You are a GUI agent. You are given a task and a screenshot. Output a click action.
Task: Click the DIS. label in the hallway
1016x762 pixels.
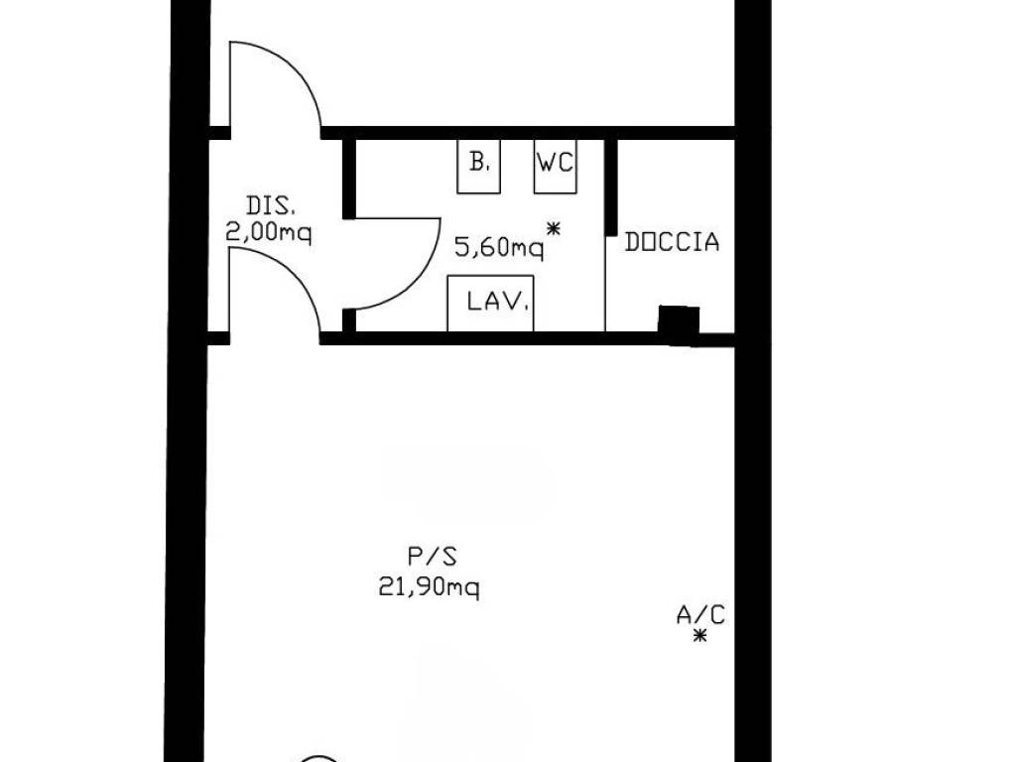coord(271,206)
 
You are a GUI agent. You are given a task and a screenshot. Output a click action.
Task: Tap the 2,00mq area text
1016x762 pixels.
coord(268,232)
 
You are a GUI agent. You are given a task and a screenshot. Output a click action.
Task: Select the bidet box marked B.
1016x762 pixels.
coord(478,166)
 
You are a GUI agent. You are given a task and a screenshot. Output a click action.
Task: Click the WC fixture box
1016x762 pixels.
coord(556,166)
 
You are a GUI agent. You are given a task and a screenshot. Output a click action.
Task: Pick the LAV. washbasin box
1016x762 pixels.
coord(490,304)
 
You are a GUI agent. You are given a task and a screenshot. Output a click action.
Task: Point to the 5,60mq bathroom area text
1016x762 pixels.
coord(499,247)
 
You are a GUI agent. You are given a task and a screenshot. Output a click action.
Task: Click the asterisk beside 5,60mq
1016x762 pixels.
coord(554,228)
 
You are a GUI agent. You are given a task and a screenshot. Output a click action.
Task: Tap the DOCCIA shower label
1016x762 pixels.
coord(672,242)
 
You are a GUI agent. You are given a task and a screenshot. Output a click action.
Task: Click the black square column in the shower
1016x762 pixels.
coord(679,323)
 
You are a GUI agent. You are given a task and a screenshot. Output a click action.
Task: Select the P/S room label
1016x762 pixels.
coord(433,556)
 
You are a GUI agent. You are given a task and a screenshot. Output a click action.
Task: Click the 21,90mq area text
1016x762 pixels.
coord(429,587)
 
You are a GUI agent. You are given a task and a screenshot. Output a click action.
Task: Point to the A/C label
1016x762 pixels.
coord(700,614)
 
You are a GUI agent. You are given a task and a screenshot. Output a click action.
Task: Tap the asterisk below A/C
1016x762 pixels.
coord(699,636)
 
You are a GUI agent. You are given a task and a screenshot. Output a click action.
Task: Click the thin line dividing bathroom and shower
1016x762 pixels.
coord(605,283)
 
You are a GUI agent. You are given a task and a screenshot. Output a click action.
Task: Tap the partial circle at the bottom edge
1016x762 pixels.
coord(317,757)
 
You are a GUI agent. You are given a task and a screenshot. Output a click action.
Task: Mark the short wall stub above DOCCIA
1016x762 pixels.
coord(610,187)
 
